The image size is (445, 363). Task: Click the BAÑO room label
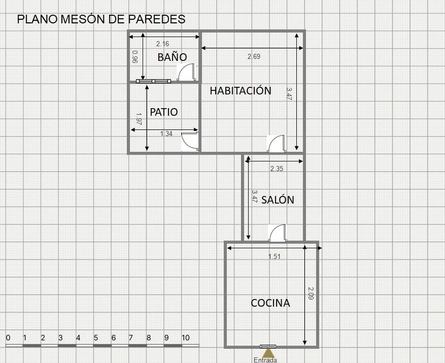point(172,57)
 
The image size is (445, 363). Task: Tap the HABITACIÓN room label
point(241,90)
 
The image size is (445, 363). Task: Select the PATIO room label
point(164,112)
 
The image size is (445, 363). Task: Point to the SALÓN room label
point(278,200)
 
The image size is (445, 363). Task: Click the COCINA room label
point(270,303)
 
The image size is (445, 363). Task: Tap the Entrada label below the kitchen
point(265,360)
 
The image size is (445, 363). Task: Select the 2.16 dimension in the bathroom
point(162,44)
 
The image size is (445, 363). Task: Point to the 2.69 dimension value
point(254,56)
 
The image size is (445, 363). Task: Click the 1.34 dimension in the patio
point(166,134)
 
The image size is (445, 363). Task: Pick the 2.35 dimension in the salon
point(277,169)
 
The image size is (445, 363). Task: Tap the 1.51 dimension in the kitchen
point(275,256)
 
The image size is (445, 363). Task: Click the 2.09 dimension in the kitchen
point(311,293)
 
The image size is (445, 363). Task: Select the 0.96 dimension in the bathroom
point(135,56)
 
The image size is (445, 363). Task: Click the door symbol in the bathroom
point(186,72)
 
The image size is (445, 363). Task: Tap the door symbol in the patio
point(190,141)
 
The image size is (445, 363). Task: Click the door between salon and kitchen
point(278,233)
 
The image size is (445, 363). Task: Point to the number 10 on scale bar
point(185,338)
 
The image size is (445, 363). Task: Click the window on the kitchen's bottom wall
point(268,346)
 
